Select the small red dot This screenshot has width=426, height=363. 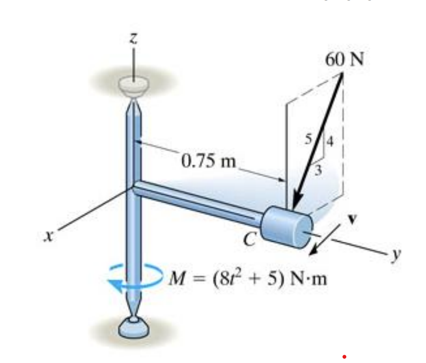(344, 357)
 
